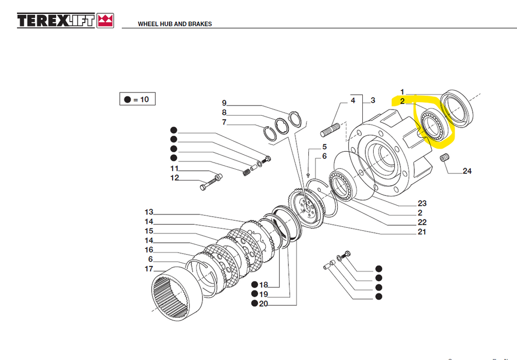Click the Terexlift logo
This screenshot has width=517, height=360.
65,20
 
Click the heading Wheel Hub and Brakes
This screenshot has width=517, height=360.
175,24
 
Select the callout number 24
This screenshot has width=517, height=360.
467,171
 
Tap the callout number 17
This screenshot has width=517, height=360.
149,269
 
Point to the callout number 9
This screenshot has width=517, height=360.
224,103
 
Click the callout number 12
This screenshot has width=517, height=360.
175,178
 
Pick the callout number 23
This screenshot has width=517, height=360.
422,204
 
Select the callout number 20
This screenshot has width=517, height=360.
264,304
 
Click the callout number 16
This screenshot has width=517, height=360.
149,250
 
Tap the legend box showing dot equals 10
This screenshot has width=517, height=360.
137,99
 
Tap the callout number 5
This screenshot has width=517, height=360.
324,147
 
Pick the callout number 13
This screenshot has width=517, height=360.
149,212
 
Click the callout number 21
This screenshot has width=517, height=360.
422,232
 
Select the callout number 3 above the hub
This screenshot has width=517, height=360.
373,100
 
